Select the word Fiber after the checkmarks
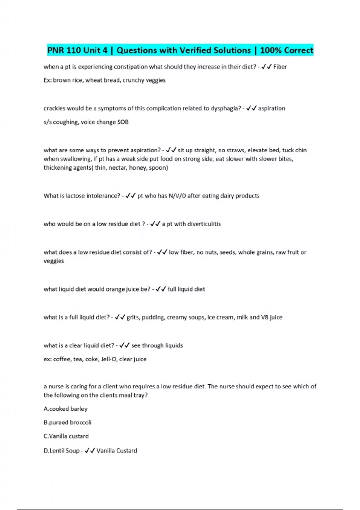click(280, 67)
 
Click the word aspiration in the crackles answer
click(271, 108)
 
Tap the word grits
click(133, 317)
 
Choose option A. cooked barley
click(66, 409)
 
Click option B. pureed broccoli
click(67, 422)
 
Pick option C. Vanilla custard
click(66, 436)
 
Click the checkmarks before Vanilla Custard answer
click(90, 451)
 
